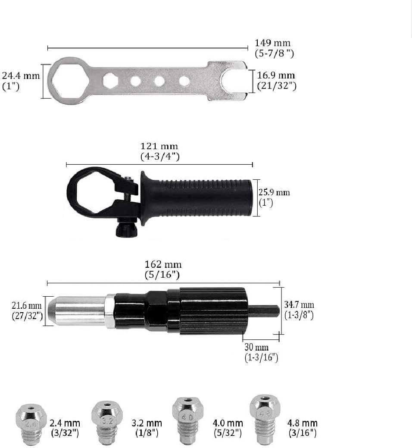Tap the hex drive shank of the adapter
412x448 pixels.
pos(263,311)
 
